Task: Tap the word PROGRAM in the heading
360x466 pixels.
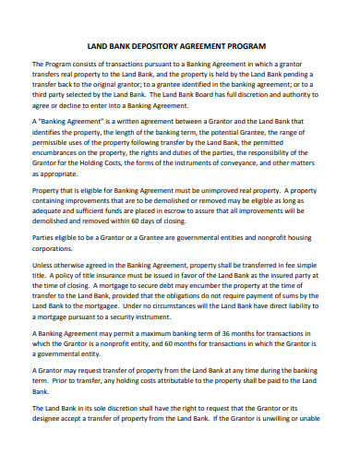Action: (x=246, y=45)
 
